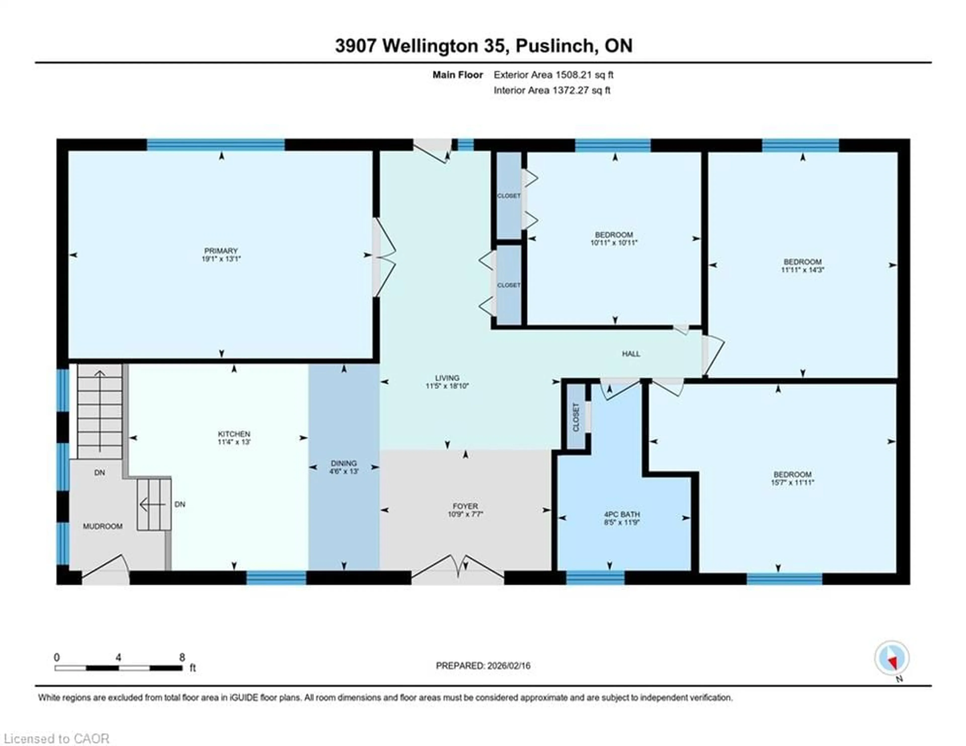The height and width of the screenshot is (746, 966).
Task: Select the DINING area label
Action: (x=344, y=463)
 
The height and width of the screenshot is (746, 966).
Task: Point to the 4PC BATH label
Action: (x=622, y=515)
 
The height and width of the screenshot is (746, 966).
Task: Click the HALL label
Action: (x=631, y=354)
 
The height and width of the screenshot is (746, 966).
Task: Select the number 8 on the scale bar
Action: (x=182, y=657)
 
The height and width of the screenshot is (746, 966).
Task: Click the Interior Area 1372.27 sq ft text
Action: (x=552, y=90)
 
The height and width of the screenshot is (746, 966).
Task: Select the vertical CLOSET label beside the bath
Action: (x=576, y=417)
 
